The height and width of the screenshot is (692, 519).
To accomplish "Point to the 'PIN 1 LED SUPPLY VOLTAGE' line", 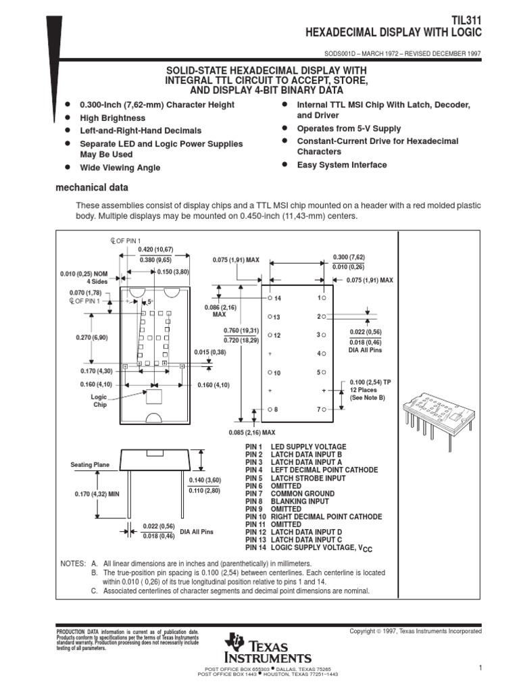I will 295,447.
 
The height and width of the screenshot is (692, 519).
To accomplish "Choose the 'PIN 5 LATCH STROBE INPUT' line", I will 295,478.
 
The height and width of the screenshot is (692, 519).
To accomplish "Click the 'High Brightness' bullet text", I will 112,118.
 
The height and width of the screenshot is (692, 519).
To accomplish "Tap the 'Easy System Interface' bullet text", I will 341,165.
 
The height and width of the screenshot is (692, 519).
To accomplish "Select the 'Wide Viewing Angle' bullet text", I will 120,168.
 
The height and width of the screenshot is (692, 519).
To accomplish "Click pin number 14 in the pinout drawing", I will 276,298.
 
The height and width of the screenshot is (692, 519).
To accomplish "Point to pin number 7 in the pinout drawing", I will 317,410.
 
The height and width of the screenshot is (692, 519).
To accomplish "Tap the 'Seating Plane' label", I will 90,465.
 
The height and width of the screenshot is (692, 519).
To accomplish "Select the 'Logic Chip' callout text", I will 100,401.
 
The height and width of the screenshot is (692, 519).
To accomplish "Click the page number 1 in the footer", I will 478,668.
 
